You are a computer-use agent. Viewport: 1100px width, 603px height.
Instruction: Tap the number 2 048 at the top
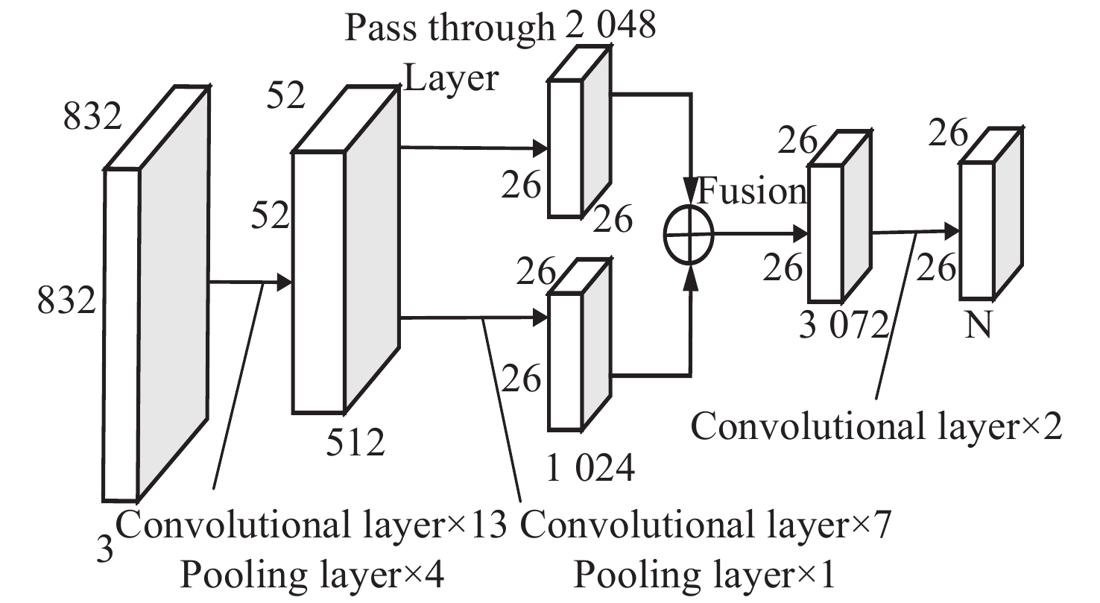[605, 26]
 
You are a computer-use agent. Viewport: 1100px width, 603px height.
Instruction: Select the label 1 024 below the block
[590, 469]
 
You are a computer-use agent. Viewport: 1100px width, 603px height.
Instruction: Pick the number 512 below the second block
[355, 443]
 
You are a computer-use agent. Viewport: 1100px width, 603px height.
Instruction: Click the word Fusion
[751, 192]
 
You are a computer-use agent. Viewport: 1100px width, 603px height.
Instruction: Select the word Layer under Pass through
[450, 77]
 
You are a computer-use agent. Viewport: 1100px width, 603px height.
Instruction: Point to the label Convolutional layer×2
[875, 428]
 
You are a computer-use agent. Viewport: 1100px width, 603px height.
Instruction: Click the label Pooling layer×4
[313, 576]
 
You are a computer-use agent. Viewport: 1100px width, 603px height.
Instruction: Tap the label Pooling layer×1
[705, 576]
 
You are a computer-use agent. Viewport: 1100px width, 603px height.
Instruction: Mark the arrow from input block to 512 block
[249, 282]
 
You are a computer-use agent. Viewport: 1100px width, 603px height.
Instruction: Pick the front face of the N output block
[976, 230]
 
